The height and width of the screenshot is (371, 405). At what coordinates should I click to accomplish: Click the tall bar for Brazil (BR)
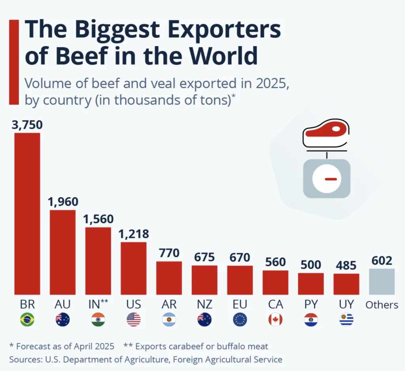coord(27,214)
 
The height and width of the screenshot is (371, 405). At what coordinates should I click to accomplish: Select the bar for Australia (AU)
coord(62,252)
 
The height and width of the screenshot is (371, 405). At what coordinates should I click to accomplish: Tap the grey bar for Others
coord(382,282)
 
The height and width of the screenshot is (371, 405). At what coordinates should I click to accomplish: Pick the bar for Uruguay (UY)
coord(346,284)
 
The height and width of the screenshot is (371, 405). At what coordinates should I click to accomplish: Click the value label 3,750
coord(27,125)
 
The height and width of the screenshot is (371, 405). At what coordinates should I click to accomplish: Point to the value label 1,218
coord(134,234)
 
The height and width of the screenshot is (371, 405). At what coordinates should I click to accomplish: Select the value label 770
coord(169,253)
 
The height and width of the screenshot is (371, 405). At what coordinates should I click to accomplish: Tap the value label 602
coord(382,261)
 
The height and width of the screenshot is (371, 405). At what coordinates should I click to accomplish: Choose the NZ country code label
coord(204,305)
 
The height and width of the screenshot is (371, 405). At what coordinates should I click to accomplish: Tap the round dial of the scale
coord(326,179)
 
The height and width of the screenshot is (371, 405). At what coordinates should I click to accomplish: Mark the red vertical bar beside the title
coord(14,62)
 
